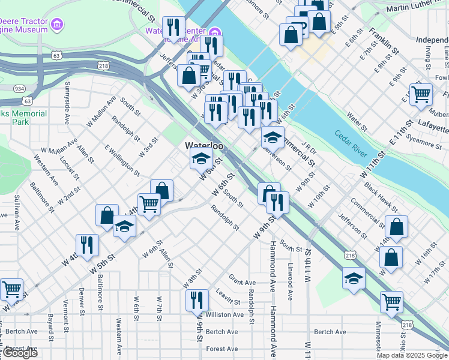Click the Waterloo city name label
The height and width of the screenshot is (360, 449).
point(204,146)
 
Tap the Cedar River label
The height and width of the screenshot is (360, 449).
point(351,145)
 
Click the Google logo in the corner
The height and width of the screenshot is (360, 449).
point(19,353)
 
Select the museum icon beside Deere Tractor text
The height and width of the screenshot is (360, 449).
point(57,25)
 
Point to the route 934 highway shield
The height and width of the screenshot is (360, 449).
point(20,88)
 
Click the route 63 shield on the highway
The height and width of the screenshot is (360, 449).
point(56,55)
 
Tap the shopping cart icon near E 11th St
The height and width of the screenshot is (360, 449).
point(421,94)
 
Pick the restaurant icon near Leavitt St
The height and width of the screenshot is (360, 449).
point(197,299)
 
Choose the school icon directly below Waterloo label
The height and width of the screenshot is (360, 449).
point(201,159)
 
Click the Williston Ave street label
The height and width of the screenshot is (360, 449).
point(224,314)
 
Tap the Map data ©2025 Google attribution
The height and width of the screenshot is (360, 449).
point(412,355)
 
